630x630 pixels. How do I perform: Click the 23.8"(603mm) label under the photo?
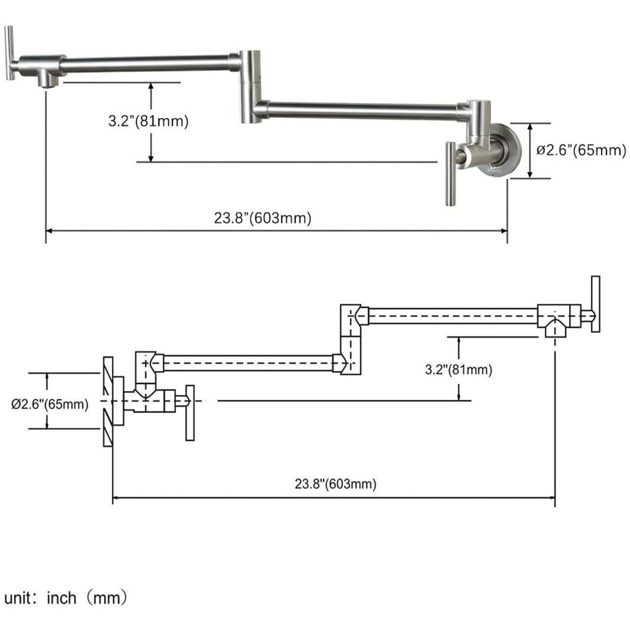[262, 218]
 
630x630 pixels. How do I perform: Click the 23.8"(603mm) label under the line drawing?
[335, 484]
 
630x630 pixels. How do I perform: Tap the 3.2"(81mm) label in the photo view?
[148, 121]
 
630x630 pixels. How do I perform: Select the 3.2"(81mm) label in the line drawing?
[459, 370]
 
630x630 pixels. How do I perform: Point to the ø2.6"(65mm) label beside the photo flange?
[581, 150]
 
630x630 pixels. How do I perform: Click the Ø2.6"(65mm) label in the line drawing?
[50, 404]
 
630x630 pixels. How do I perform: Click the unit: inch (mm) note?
[66, 597]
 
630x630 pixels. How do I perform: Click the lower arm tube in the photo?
[362, 110]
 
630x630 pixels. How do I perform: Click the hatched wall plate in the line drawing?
[108, 401]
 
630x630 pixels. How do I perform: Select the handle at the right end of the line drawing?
[595, 304]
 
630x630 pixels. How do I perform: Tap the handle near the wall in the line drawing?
[190, 412]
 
